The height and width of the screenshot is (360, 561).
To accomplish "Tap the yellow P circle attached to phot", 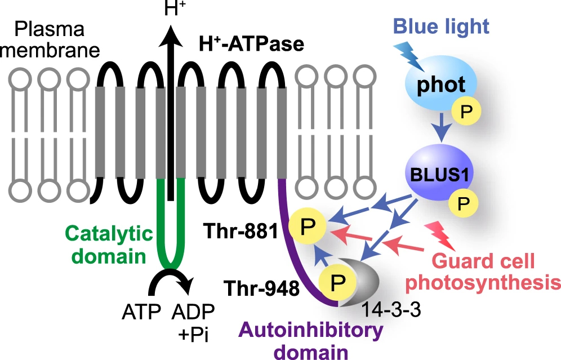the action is tap(466, 112).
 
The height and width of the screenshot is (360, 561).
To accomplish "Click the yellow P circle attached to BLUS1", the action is tap(464, 203).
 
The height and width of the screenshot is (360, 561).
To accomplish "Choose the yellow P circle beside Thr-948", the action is tap(337, 282).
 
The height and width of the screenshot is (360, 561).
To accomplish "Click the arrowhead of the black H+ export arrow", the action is tap(171, 36).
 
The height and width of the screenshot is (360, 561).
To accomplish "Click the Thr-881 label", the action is tap(241, 231).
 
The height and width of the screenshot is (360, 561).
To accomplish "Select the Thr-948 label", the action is tap(261, 288).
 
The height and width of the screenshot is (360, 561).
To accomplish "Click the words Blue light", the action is tap(441, 26).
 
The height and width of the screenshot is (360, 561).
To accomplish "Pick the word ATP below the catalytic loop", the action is tap(141, 312).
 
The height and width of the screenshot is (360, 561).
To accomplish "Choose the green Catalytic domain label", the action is tap(109, 245).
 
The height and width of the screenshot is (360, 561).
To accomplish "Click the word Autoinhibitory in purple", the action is tap(310, 330).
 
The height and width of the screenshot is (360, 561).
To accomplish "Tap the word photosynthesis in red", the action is tap(484, 282).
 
